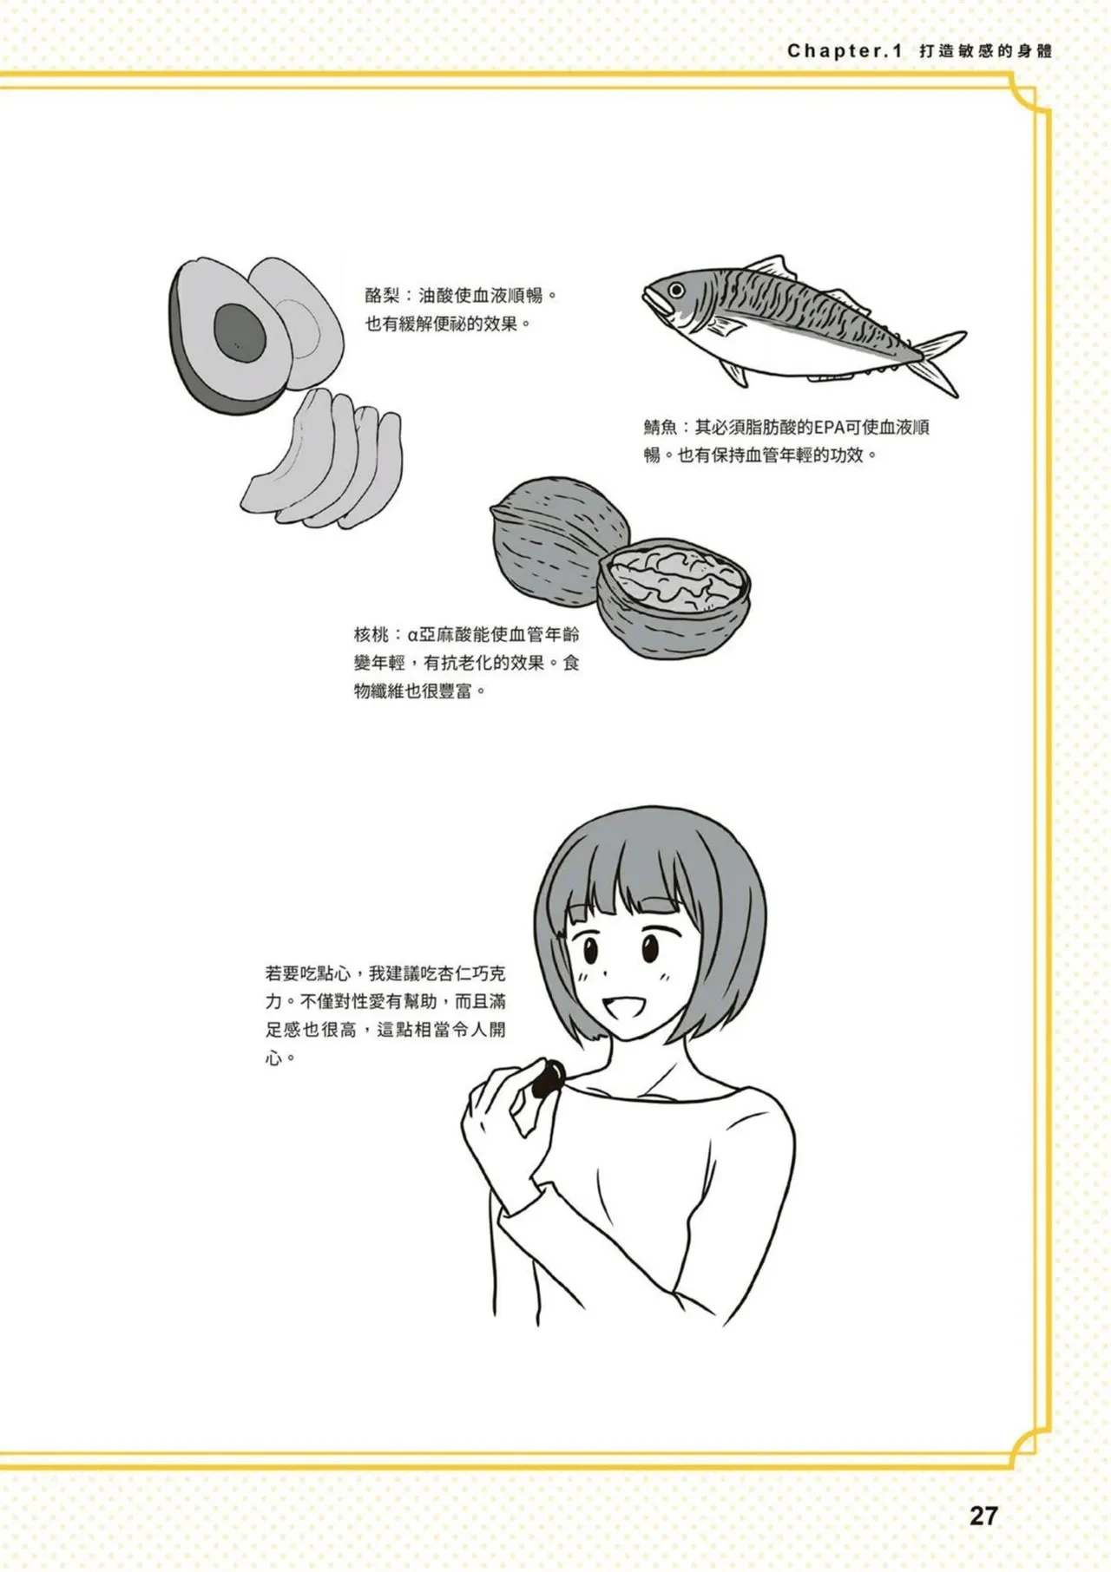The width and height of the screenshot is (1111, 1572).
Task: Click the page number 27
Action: [983, 1516]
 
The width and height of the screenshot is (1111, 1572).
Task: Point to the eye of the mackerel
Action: [675, 289]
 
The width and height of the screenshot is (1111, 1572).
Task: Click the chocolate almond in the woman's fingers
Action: [549, 1080]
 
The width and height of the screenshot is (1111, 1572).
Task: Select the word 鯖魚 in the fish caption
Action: [660, 428]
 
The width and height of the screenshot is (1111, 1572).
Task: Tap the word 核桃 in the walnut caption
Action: [371, 635]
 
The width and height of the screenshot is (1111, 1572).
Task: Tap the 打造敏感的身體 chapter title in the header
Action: [985, 51]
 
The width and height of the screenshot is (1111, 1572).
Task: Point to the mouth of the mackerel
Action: [649, 300]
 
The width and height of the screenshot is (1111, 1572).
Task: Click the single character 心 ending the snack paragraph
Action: [274, 1059]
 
